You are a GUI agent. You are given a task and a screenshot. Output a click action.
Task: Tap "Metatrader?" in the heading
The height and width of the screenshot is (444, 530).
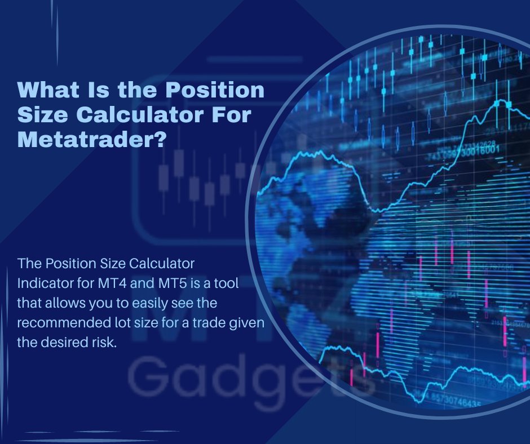pyautogui.click(x=92, y=139)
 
